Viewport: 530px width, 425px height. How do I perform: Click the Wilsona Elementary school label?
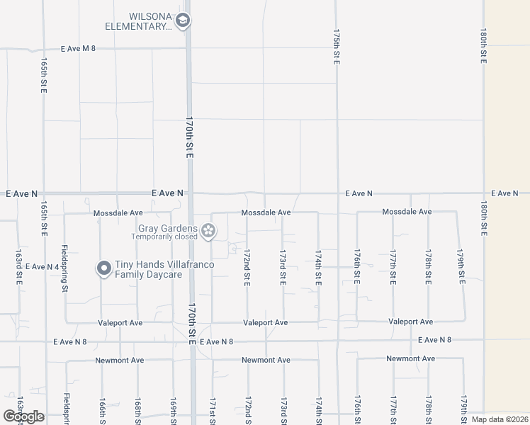pyautogui.click(x=139, y=21)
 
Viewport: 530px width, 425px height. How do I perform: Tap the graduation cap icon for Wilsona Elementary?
pyautogui.click(x=183, y=21)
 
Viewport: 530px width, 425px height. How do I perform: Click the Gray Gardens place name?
pyautogui.click(x=168, y=228)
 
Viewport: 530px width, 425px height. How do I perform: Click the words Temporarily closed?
pyautogui.click(x=168, y=237)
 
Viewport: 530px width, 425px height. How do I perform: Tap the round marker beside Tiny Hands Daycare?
pyautogui.click(x=103, y=268)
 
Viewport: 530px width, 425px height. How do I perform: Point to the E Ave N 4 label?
pyautogui.click(x=42, y=266)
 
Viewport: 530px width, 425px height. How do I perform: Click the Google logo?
pyautogui.click(x=24, y=416)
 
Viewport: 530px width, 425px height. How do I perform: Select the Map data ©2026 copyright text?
pyautogui.click(x=498, y=419)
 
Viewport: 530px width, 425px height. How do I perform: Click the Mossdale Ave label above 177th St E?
pyautogui.click(x=407, y=212)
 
